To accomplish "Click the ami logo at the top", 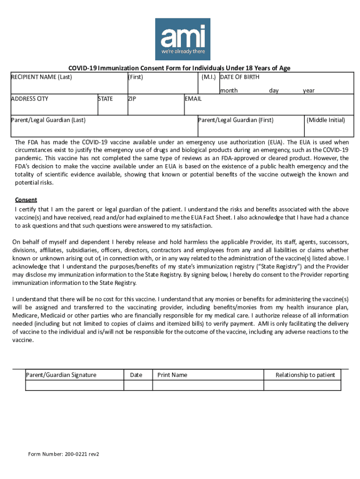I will [x=182, y=39].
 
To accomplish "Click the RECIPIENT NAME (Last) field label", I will [x=41, y=77].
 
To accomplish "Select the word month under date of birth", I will [x=229, y=90].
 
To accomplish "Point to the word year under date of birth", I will [x=309, y=90].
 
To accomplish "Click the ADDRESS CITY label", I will [x=29, y=99].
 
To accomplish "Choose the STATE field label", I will [x=105, y=99].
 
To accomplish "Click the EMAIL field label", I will [x=193, y=99].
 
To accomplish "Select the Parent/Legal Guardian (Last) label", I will [x=48, y=120].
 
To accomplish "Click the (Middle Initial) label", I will [x=325, y=120].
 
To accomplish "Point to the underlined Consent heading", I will [x=26, y=200].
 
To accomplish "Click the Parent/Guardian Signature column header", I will [x=61, y=375].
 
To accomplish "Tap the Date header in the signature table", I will [x=136, y=375].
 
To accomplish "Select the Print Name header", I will [x=172, y=375].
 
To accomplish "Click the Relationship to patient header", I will [x=305, y=375].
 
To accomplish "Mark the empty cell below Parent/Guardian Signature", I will [x=74, y=385].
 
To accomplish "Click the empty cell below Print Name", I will [x=208, y=385].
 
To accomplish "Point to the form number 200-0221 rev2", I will [x=64, y=454].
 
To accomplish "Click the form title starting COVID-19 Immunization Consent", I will [x=180, y=68].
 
